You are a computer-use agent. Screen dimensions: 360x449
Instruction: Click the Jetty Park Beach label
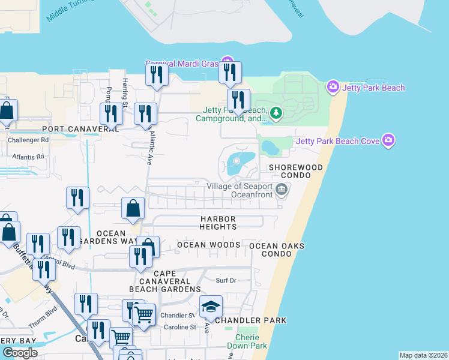pos(373,88)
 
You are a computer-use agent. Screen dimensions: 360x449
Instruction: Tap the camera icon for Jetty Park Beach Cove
pos(389,141)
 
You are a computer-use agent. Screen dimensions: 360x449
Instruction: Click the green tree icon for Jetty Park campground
pos(276,112)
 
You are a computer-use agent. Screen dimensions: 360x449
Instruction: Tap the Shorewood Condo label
pos(295,171)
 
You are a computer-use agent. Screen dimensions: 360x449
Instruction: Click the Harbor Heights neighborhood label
pos(218,223)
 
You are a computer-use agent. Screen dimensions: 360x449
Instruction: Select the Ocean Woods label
pos(208,245)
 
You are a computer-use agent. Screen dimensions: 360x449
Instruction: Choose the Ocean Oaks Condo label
pos(277,250)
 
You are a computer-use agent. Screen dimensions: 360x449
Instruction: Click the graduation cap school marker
pos(211,307)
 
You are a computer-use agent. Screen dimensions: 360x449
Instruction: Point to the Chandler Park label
pos(251,320)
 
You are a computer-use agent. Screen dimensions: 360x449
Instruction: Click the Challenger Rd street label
pos(28,140)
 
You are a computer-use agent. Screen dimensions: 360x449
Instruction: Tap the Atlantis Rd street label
pos(28,157)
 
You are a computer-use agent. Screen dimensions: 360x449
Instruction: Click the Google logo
pos(20,353)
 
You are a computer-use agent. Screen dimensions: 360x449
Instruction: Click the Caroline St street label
pos(181,327)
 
